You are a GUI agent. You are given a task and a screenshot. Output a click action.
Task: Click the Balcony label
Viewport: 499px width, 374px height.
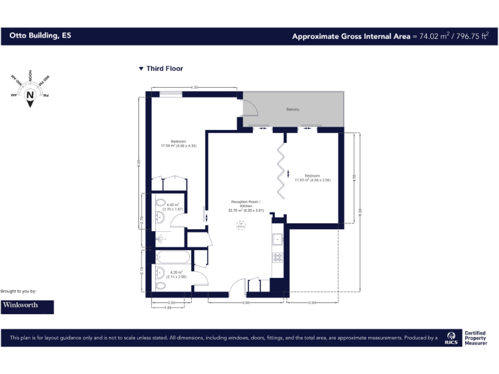pyautogui.click(x=292, y=109)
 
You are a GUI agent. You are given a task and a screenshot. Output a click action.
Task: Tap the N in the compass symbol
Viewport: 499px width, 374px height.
pyautogui.click(x=30, y=95)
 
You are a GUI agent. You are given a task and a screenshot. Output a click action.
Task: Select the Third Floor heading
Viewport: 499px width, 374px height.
pyautogui.click(x=164, y=69)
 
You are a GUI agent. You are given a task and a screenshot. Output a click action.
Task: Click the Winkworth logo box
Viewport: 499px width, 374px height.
pyautogui.click(x=27, y=305)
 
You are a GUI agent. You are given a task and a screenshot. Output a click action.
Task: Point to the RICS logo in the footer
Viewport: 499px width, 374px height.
pyautogui.click(x=451, y=338)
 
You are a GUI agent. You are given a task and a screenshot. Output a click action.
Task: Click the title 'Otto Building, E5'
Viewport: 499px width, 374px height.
pyautogui.click(x=40, y=36)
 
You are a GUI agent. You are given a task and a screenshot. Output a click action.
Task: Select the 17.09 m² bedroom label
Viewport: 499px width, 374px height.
pyautogui.click(x=178, y=143)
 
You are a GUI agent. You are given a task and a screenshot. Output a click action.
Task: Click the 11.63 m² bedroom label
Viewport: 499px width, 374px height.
pyautogui.click(x=313, y=178)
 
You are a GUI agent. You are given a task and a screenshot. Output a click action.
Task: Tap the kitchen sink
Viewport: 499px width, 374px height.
pyautogui.click(x=277, y=238)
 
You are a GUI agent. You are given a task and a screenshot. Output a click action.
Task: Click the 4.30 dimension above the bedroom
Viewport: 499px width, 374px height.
pyautogui.click(x=194, y=88)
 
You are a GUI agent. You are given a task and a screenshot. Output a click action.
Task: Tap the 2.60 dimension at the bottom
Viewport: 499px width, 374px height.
pyautogui.click(x=313, y=303)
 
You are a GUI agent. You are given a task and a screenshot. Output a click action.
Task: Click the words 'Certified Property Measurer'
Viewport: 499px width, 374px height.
pyautogui.click(x=475, y=338)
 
